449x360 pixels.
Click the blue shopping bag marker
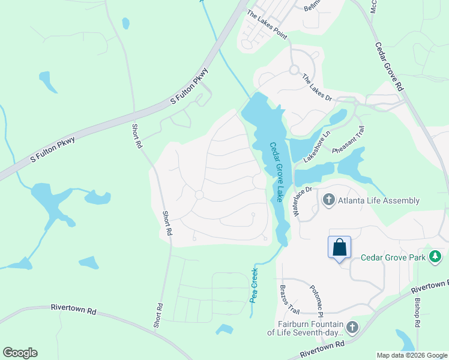(339, 247)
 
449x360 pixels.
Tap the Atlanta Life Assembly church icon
(328, 200)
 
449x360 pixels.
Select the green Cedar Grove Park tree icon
(436, 257)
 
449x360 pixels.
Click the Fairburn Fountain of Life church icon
(352, 327)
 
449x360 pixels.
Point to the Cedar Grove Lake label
(277, 172)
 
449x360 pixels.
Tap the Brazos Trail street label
(289, 299)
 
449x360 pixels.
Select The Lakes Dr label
(317, 88)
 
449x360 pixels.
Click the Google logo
(20, 353)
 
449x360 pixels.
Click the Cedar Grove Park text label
(393, 258)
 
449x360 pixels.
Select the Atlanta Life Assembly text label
(378, 200)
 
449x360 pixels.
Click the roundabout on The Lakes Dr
(294, 70)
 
